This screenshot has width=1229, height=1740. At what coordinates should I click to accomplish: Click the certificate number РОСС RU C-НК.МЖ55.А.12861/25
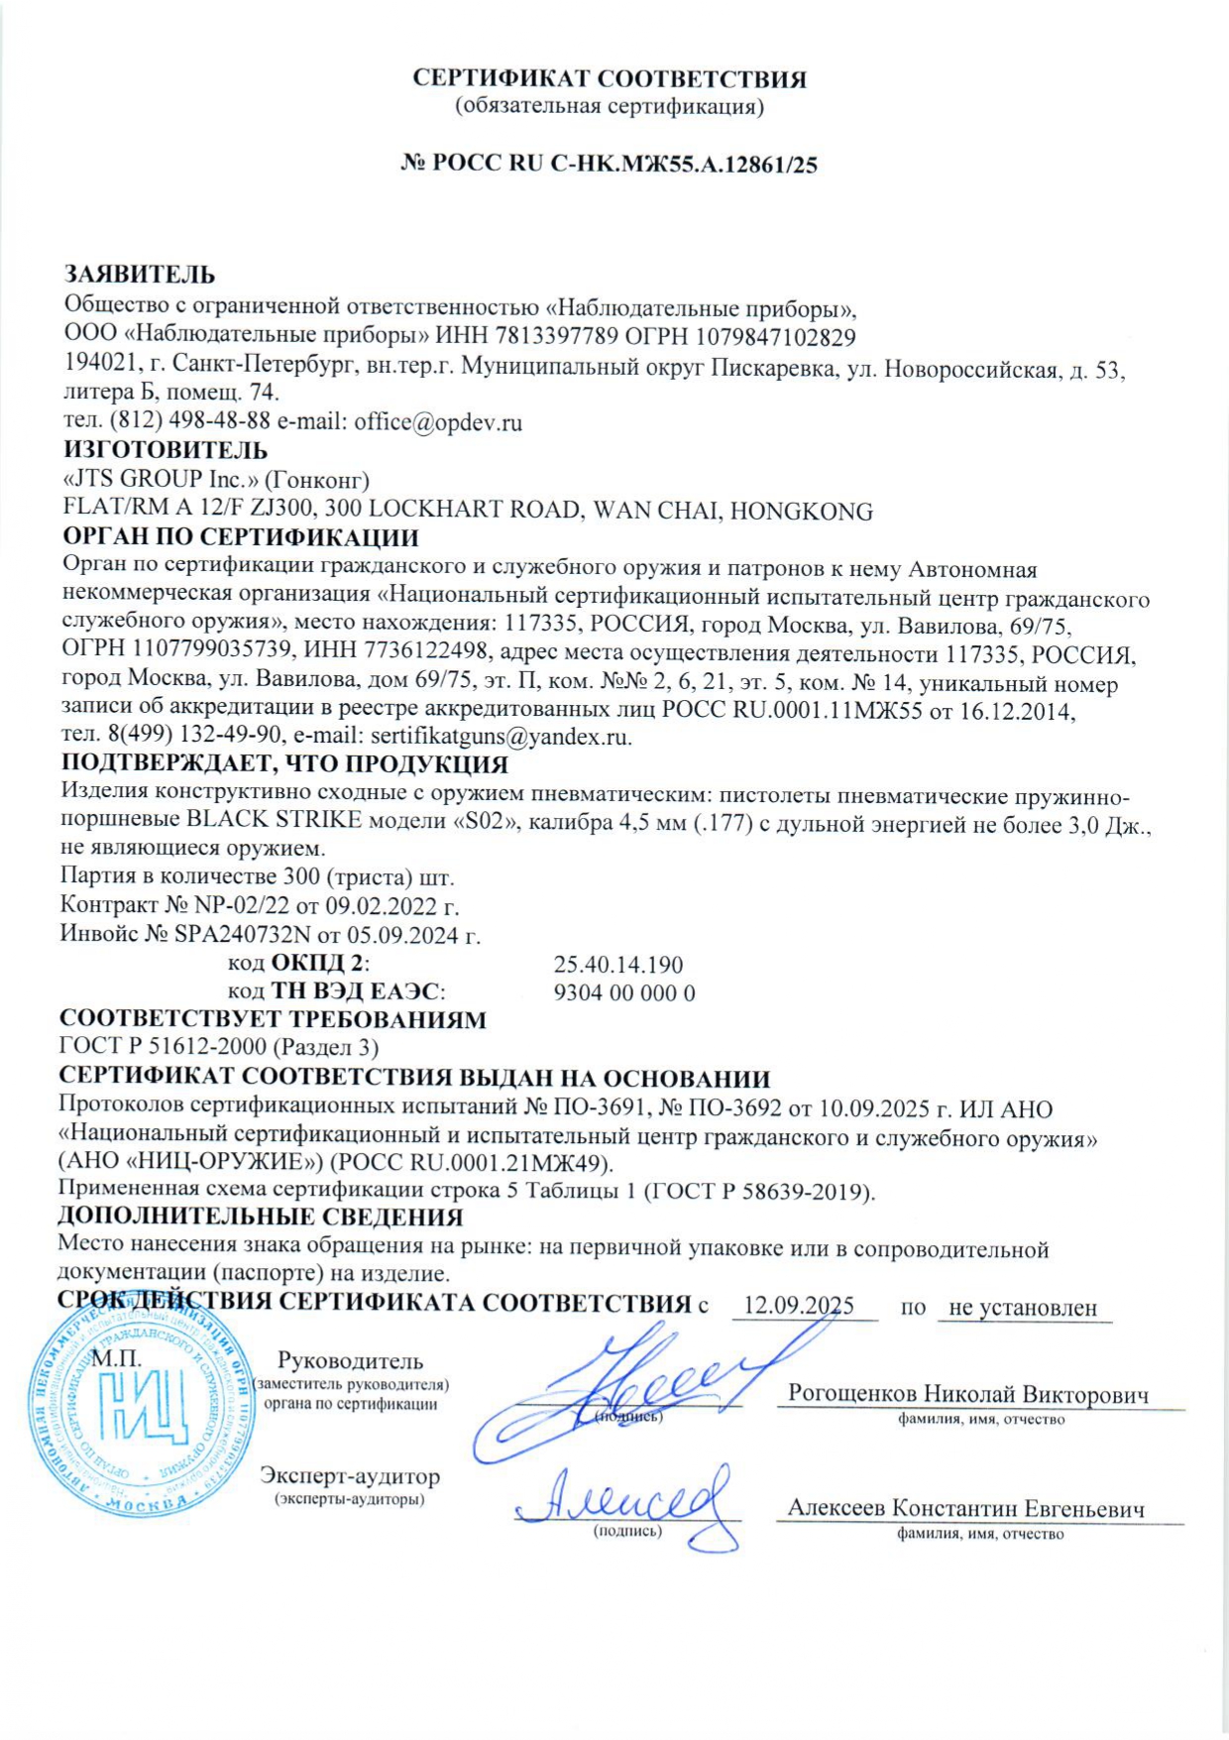[624, 165]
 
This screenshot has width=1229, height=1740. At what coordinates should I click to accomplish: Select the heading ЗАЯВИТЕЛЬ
[140, 275]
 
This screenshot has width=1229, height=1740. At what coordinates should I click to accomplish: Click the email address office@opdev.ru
[438, 422]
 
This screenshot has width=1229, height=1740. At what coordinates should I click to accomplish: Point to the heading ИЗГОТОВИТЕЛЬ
[166, 451]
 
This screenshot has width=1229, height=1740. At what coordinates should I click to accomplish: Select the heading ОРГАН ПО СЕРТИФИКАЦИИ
[241, 538]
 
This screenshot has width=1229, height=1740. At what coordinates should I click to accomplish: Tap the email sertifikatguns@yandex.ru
[500, 738]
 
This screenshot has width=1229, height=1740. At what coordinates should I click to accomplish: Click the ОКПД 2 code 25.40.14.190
[618, 965]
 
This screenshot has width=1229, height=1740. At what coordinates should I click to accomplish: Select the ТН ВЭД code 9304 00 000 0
[624, 992]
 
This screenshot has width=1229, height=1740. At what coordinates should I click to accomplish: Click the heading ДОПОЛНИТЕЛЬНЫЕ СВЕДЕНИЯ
[261, 1217]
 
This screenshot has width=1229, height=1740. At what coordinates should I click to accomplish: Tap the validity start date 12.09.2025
[799, 1306]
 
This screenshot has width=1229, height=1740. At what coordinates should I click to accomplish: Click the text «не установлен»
[1023, 1308]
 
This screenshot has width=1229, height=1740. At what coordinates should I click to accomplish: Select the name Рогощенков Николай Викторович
[968, 1394]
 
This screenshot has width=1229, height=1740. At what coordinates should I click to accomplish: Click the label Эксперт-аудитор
[350, 1476]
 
